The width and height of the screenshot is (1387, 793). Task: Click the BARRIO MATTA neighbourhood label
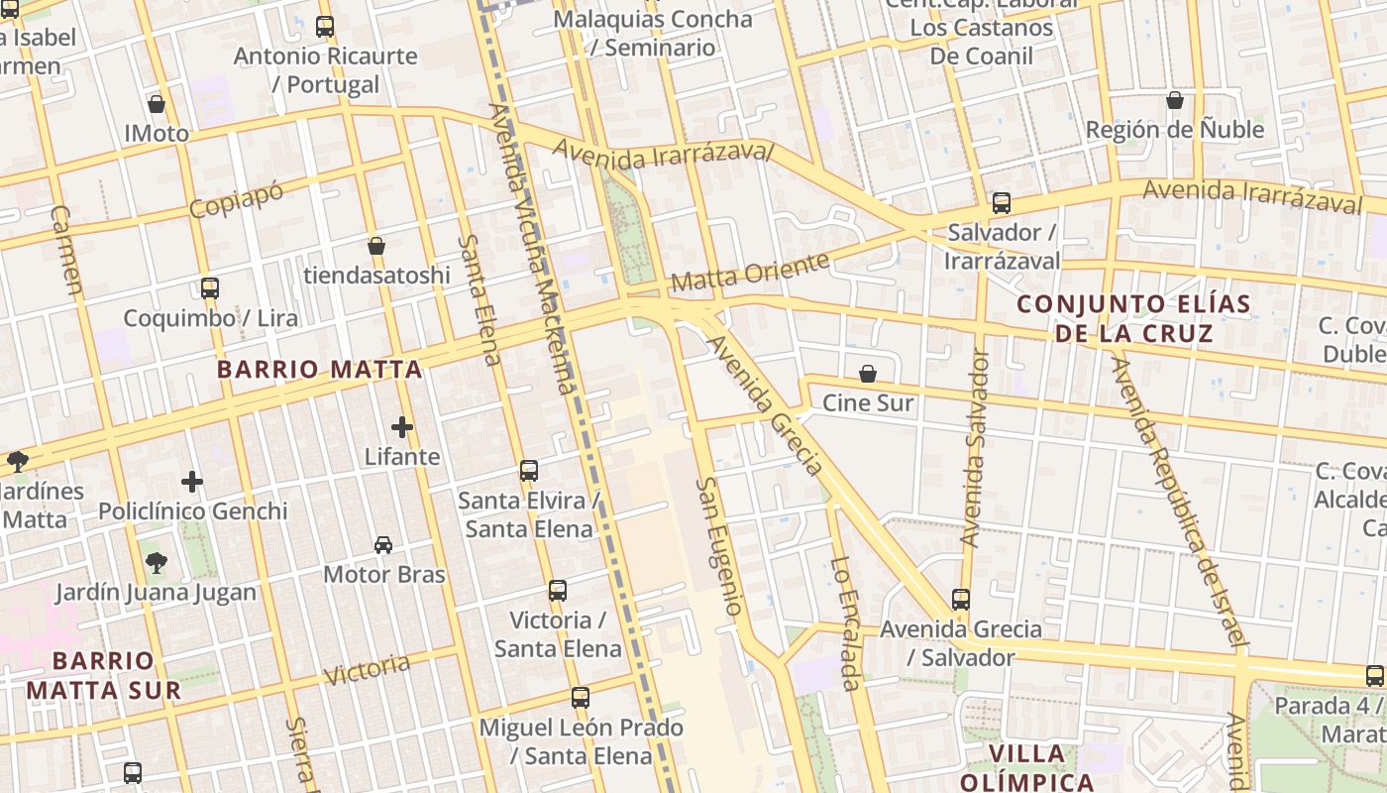[319, 370]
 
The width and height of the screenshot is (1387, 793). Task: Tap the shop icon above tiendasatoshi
[376, 246]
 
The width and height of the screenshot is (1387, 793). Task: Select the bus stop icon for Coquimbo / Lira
[210, 288]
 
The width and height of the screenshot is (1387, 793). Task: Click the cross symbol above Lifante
[402, 427]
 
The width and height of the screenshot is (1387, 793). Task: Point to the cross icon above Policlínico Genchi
[192, 482]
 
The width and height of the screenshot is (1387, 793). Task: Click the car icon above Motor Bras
[383, 544]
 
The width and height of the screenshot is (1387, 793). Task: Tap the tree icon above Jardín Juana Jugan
[156, 563]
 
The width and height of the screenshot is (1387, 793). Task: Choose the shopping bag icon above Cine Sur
[868, 374]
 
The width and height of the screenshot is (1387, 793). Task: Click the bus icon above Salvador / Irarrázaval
[1002, 203]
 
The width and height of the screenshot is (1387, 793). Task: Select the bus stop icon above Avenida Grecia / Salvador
[961, 599]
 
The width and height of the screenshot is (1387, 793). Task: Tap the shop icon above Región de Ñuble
[1175, 100]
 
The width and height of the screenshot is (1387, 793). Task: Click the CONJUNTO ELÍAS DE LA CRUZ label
[1134, 318]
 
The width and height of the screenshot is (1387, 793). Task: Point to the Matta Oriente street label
[750, 273]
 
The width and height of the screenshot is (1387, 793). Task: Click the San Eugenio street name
[719, 546]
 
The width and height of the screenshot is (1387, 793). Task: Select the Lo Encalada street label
[845, 623]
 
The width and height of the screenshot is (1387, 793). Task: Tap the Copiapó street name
[236, 201]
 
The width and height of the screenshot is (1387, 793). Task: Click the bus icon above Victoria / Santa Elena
[558, 591]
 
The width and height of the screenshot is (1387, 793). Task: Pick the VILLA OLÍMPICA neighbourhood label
[1026, 767]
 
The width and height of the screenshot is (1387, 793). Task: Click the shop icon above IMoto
[156, 103]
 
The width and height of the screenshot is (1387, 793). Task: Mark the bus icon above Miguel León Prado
[581, 698]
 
